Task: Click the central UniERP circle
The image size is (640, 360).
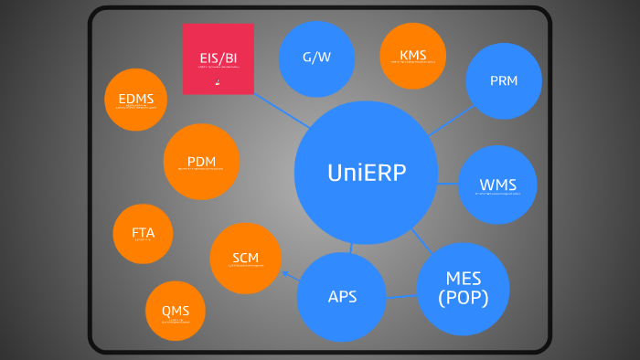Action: coord(366,173)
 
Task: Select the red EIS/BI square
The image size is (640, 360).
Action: coord(219,58)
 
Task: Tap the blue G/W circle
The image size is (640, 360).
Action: coord(316,58)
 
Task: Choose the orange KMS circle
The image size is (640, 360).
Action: coord(412,56)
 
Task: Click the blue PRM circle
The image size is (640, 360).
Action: coord(503,80)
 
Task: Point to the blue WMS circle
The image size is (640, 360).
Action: coord(497,185)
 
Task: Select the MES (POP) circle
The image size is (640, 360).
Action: coord(463,289)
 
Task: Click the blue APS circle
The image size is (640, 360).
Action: coord(342,296)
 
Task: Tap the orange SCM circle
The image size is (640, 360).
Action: coord(245,259)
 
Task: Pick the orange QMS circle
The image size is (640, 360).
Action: coord(175,312)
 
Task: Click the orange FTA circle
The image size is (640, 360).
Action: coord(143,233)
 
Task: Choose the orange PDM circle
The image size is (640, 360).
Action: coord(201,162)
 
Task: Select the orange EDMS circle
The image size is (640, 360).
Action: coord(135,100)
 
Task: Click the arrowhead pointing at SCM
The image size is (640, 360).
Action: coord(285,273)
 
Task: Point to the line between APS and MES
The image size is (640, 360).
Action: coord(400,296)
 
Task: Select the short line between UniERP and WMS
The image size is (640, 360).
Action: coord(447,184)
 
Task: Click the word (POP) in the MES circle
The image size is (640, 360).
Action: coord(463,298)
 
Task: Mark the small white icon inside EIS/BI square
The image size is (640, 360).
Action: coord(218,82)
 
